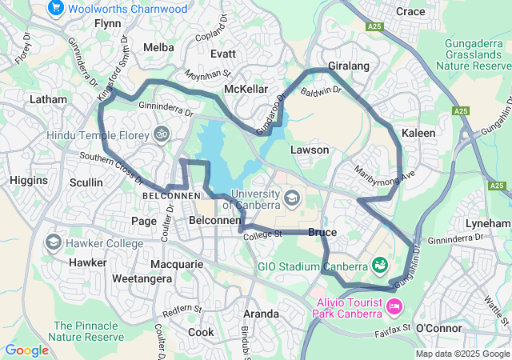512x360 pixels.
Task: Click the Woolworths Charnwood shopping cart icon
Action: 55,9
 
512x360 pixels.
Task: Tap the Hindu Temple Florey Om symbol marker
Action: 162,133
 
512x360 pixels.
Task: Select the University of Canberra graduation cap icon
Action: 292,197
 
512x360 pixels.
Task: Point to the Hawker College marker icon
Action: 54,242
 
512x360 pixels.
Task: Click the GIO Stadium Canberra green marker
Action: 380,264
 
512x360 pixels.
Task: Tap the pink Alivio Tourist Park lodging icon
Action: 394,306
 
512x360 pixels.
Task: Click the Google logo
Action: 26,350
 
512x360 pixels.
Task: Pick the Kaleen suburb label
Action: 418,133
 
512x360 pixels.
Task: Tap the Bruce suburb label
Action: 322,232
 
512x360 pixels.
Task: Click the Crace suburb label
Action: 410,11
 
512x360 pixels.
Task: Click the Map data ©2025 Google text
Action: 462,354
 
